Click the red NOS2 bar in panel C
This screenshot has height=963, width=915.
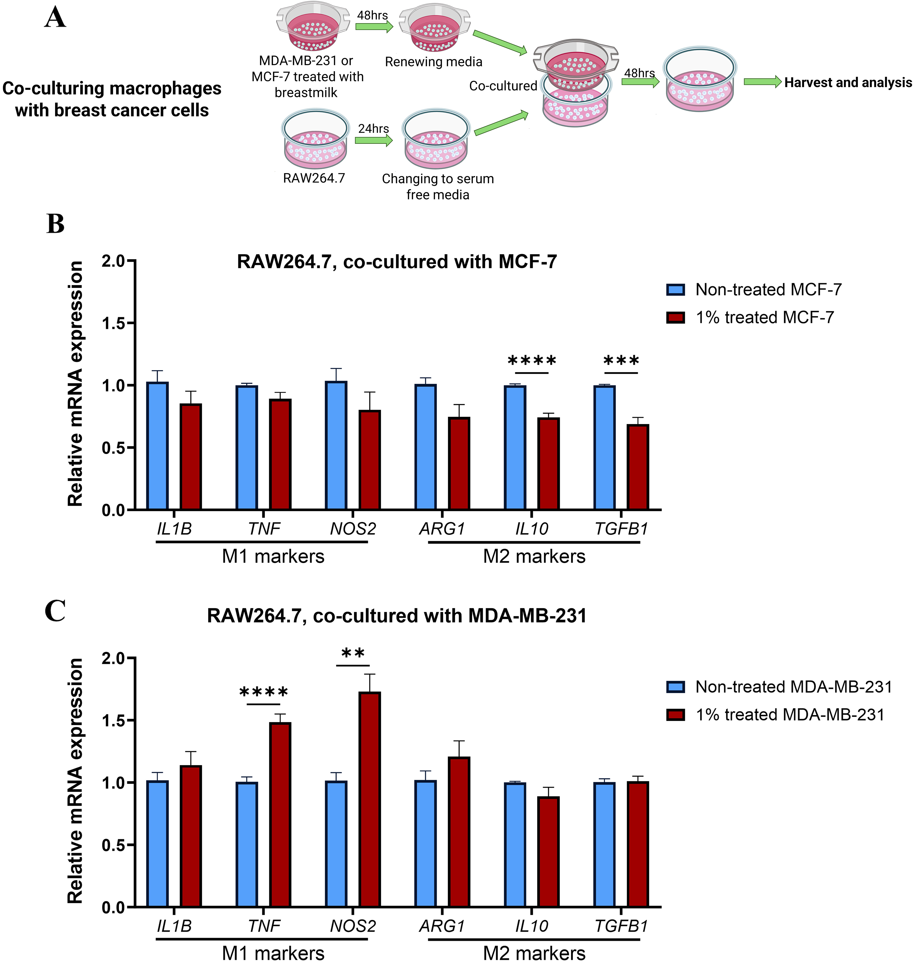[370, 799]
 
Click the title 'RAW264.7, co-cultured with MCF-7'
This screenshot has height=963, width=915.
[396, 262]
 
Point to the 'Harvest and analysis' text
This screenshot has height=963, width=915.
[848, 83]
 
